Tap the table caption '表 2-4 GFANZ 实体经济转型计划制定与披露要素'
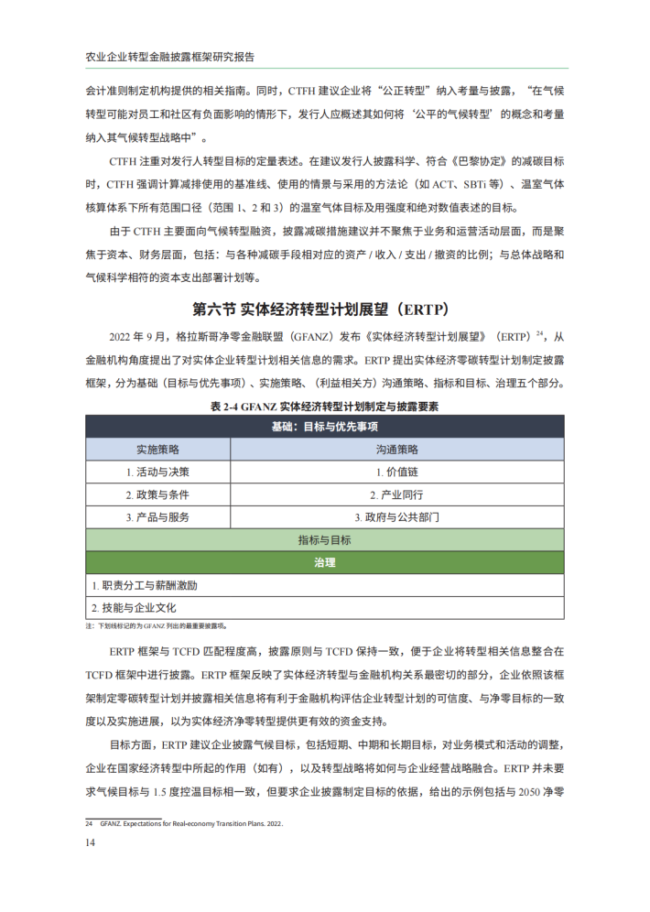[x=324, y=406]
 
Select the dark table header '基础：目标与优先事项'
[x=324, y=427]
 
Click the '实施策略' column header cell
[x=157, y=450]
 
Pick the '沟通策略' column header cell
[x=396, y=450]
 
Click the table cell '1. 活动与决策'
[x=157, y=472]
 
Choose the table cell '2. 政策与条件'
[x=157, y=494]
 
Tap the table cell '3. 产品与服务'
[x=157, y=517]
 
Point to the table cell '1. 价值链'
[x=396, y=472]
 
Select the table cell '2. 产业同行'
[x=396, y=494]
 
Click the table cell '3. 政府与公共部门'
[x=396, y=517]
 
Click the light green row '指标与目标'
[x=324, y=540]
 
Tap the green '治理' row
[x=324, y=562]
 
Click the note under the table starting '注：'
[x=156, y=626]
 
